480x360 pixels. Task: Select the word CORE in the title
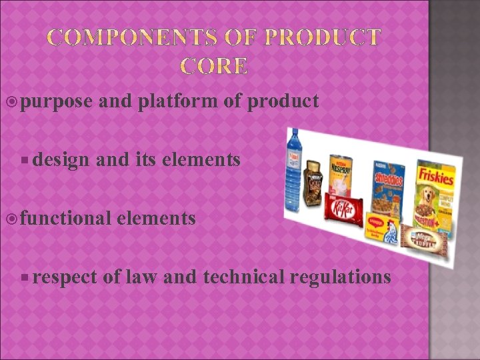[x=215, y=66]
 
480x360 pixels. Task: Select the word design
[x=62, y=159]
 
